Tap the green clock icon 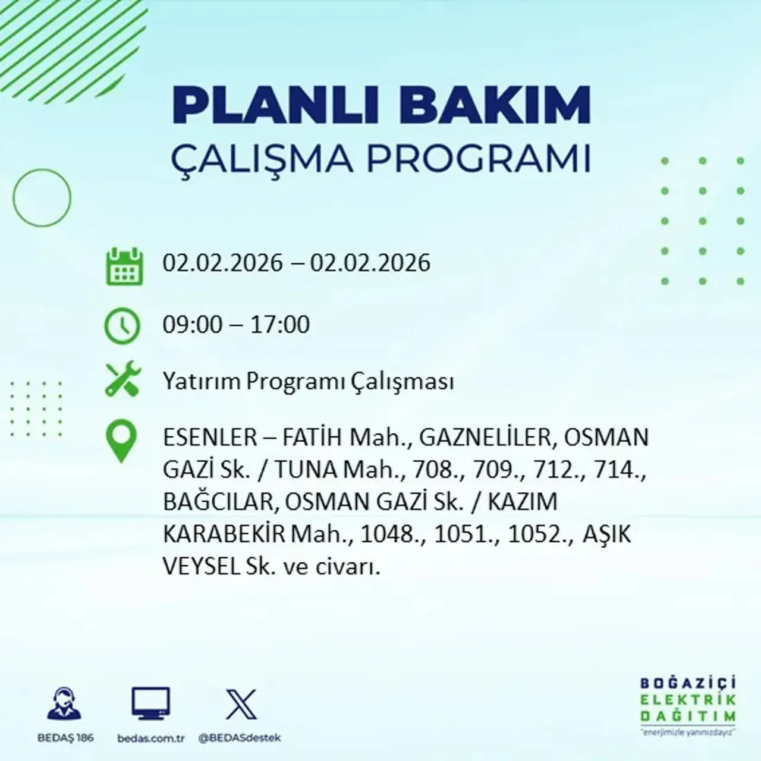(x=122, y=326)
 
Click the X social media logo (x=241, y=705)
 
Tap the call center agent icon (x=64, y=705)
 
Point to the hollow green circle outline (x=42, y=197)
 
